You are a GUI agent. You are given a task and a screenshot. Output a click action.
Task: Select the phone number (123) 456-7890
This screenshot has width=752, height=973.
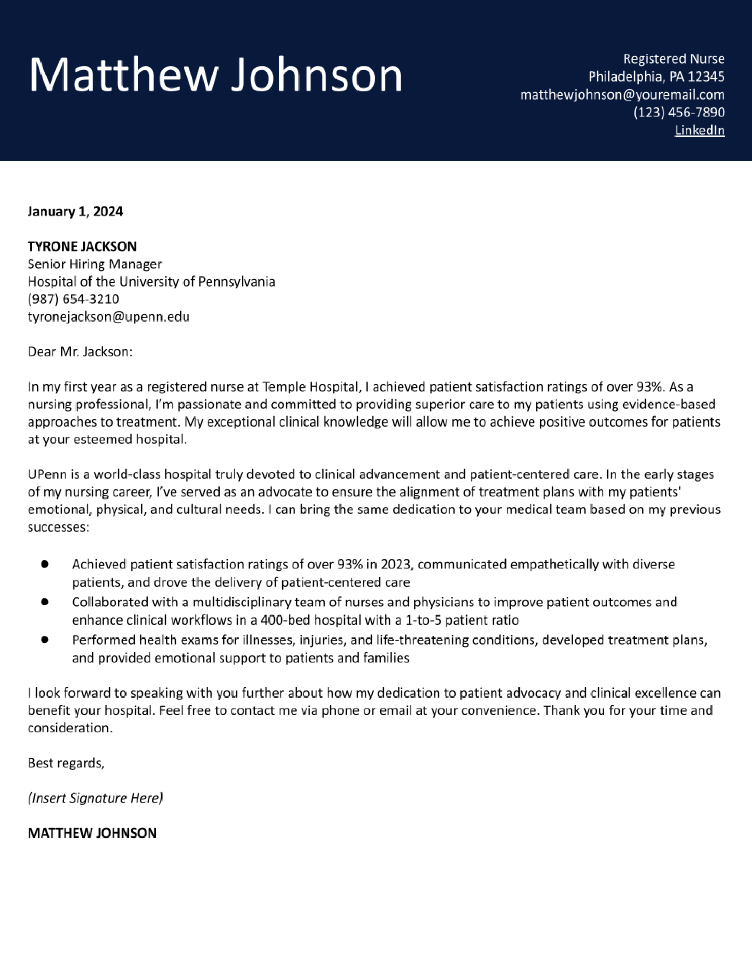click(679, 112)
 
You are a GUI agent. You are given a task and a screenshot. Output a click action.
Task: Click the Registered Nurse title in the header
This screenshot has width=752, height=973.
click(674, 59)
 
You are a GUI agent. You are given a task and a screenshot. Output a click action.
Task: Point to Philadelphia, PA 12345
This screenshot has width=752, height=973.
click(656, 77)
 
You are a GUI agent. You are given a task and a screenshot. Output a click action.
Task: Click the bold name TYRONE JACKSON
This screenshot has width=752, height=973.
click(82, 246)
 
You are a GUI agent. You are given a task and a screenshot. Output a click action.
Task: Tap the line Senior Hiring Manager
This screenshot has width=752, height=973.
click(94, 264)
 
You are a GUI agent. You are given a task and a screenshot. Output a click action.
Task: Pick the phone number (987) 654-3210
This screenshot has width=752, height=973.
click(73, 299)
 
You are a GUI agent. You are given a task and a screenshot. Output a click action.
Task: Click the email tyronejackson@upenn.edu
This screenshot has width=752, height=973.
click(108, 317)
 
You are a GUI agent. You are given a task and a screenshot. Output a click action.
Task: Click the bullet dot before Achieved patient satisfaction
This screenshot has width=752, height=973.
click(45, 564)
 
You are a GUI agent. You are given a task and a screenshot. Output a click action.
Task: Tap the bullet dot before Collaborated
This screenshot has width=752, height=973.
click(45, 601)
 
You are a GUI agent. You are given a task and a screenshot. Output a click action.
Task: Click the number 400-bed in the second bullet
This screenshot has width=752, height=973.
click(283, 620)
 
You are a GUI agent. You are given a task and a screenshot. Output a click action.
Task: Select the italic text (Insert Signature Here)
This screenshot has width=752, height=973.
click(95, 798)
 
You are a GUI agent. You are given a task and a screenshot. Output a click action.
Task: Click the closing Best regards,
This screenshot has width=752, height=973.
click(66, 763)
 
